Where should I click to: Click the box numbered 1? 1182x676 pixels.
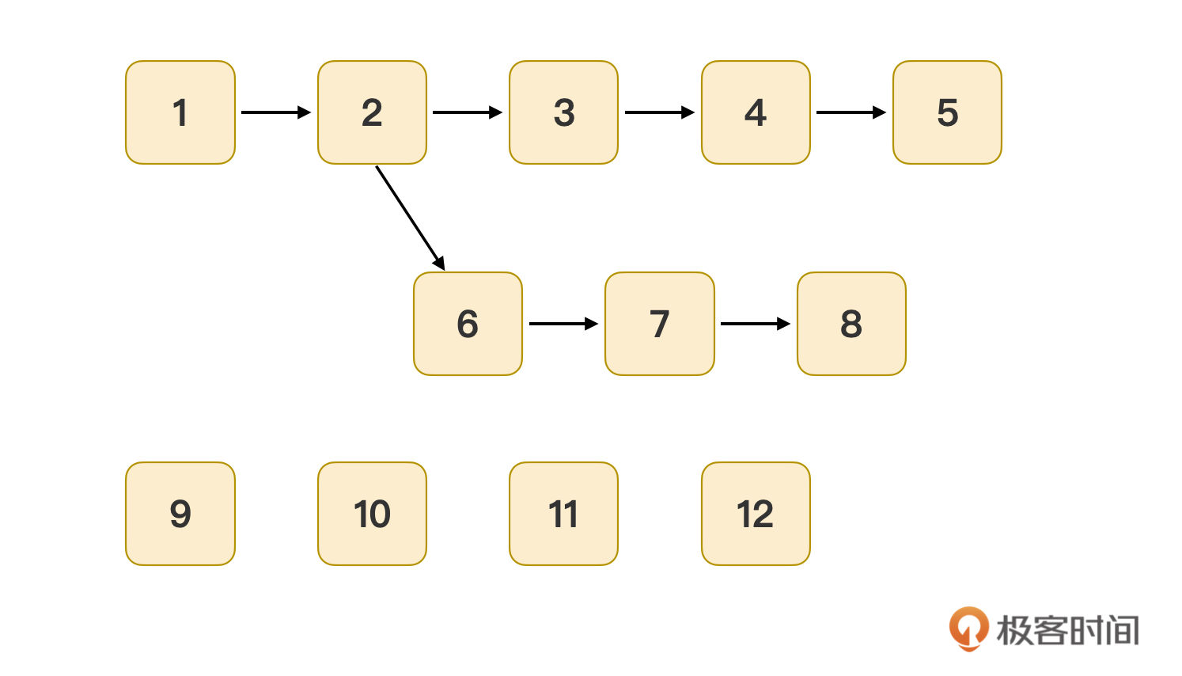point(180,112)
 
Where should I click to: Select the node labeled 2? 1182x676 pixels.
point(372,112)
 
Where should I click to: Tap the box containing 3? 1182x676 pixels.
point(563,112)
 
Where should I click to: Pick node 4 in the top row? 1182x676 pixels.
point(756,112)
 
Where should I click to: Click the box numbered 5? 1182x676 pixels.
point(947,112)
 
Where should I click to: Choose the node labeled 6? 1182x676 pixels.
point(468,324)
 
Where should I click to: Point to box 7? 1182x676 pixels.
point(660,324)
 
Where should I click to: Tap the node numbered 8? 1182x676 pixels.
point(851,324)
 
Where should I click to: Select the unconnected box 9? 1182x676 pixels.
point(180,514)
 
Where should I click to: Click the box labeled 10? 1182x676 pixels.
point(372,514)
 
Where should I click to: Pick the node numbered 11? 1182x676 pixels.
point(563,514)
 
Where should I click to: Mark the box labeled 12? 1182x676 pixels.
point(756,514)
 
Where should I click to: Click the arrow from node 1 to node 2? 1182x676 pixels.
point(276,112)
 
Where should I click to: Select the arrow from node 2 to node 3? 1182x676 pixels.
point(468,112)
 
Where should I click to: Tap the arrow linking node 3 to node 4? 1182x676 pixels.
point(660,112)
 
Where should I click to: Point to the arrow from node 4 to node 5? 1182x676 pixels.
point(851,112)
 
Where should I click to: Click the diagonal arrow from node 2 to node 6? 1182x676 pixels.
point(411,218)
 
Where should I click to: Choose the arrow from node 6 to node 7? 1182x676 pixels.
point(563,324)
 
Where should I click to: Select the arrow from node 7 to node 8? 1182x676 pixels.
point(755,324)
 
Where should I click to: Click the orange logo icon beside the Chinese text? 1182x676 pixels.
point(969,629)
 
